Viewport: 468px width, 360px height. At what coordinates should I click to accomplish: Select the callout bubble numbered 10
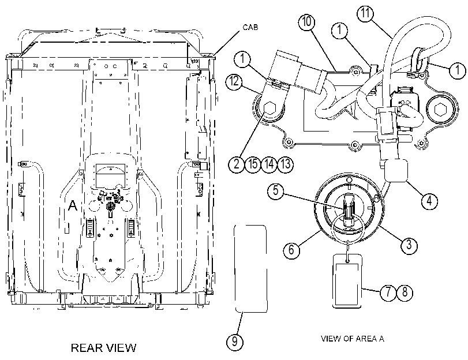pyautogui.click(x=307, y=21)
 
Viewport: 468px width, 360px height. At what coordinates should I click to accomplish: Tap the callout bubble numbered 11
pyautogui.click(x=365, y=13)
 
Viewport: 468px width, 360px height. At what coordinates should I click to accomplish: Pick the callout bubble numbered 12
pyautogui.click(x=234, y=81)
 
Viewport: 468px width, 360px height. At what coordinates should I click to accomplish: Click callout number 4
pyautogui.click(x=429, y=200)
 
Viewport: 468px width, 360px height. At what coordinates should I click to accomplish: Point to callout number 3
pyautogui.click(x=409, y=245)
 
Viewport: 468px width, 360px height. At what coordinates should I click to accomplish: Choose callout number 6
pyautogui.click(x=291, y=249)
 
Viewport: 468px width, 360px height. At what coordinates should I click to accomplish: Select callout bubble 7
pyautogui.click(x=388, y=292)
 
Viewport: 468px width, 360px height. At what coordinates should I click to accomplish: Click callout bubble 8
pyautogui.click(x=405, y=292)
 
